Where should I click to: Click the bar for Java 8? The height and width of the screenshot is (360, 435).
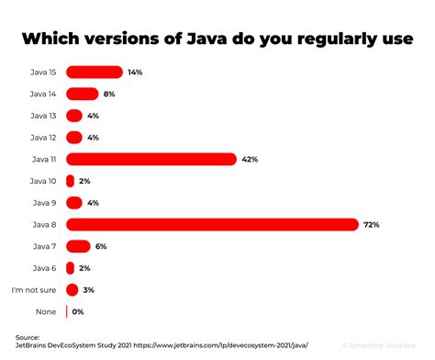click(x=211, y=224)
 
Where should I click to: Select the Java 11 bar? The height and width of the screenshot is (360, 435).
click(x=151, y=159)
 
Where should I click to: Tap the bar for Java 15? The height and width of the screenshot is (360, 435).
click(x=94, y=72)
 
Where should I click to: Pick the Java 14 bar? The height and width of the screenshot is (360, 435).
click(x=82, y=93)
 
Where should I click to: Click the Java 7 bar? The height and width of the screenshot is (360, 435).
click(x=78, y=245)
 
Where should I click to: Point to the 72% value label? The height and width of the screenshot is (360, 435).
click(x=372, y=224)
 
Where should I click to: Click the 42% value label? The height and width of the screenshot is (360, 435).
click(x=250, y=159)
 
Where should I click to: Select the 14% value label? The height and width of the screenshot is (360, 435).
click(x=135, y=72)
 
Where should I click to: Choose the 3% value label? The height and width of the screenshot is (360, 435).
click(x=89, y=289)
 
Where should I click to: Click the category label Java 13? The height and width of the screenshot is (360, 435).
click(x=42, y=115)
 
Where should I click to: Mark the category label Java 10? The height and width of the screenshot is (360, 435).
click(x=42, y=181)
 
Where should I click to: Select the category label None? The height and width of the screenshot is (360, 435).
click(x=46, y=311)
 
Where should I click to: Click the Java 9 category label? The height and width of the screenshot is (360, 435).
click(x=44, y=202)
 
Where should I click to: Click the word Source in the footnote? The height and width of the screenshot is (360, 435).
click(x=28, y=338)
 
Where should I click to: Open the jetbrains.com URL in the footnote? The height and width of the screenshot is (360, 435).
click(x=244, y=346)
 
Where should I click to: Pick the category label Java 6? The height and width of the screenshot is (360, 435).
click(x=44, y=267)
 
